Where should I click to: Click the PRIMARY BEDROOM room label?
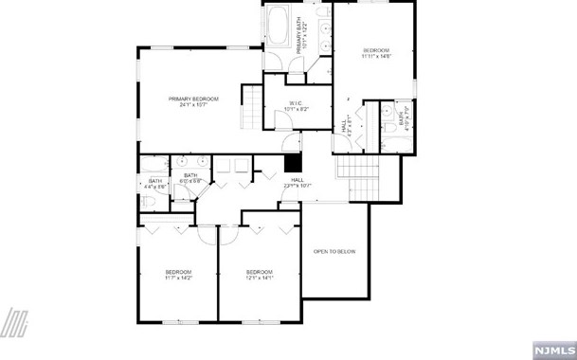click(193, 99)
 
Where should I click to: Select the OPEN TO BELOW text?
click(334, 251)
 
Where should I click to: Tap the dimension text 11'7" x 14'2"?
click(178, 279)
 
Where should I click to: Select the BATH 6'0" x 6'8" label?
click(190, 177)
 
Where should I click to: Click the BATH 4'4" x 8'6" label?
click(155, 184)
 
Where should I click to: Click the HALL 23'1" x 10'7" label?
click(297, 183)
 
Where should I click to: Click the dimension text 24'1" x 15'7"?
click(193, 105)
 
